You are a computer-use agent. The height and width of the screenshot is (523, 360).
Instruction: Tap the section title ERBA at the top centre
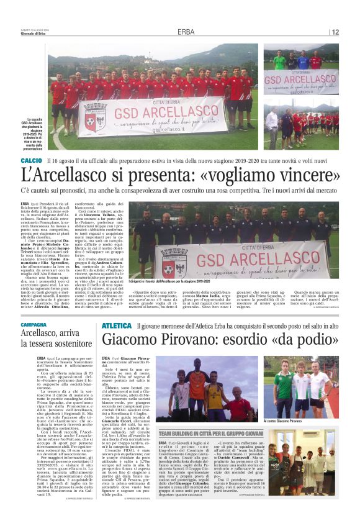point(185,32)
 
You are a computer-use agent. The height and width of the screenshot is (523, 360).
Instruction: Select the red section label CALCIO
point(31,160)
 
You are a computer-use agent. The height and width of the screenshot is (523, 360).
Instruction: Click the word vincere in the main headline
point(307,176)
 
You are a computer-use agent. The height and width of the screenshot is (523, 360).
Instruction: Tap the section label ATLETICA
point(117,325)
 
